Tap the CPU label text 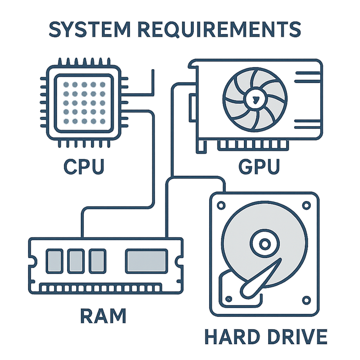point(84,166)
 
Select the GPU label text point(259,166)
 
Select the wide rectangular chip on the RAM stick point(146,261)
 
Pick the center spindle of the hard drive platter point(263,243)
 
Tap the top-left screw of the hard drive point(221,205)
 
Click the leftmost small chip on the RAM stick point(54,261)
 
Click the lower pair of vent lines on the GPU point(307,123)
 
